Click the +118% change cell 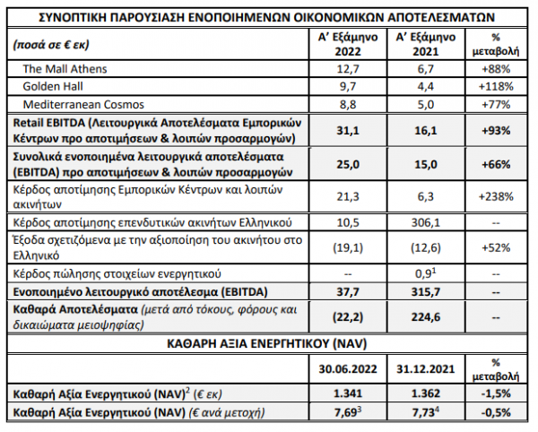(495, 86)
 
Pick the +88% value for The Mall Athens (495, 69)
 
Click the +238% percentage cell (495, 194)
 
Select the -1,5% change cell (495, 393)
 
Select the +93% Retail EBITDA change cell (495, 130)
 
